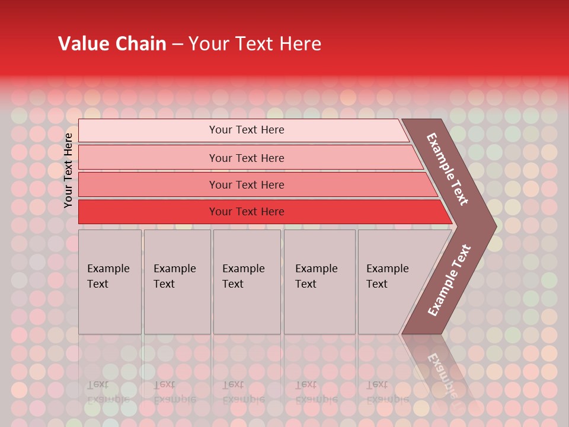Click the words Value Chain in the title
tap(112, 44)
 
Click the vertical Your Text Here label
tap(68, 170)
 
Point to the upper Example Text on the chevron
tap(447, 169)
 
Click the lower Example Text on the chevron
tap(449, 280)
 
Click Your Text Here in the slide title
tap(255, 44)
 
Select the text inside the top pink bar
tap(247, 130)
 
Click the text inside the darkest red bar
tap(247, 212)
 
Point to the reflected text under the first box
tap(107, 392)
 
